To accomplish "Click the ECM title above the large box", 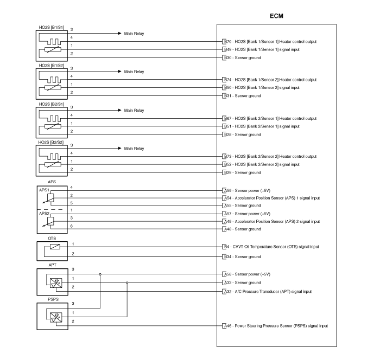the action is coord(276,16).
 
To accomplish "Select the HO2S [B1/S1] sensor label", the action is coord(52,27).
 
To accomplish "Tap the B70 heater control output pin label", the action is coord(270,42).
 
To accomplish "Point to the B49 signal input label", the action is coord(262,50).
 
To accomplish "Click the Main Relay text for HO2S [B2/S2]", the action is coord(134,149).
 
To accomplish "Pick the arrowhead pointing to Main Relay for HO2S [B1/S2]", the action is coord(119,72).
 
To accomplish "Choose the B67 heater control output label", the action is coord(270,119).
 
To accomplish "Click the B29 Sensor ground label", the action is coord(242,172).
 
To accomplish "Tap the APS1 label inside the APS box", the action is coord(44,190).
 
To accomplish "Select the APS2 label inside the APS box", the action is coord(44,214).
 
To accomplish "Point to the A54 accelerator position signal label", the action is coord(272,198).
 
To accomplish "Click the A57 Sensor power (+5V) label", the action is coord(247,214).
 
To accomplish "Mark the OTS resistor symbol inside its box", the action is coord(55,247).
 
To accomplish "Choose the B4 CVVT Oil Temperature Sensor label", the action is coord(271,247).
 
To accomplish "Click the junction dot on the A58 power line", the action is coord(100,274).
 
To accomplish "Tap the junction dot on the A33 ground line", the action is coord(127,282).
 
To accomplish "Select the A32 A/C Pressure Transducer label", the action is coord(268,292).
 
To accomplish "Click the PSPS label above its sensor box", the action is coord(53,299).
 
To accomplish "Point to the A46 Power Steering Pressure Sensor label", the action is coord(276,326).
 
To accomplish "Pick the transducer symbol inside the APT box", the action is coord(56,283).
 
